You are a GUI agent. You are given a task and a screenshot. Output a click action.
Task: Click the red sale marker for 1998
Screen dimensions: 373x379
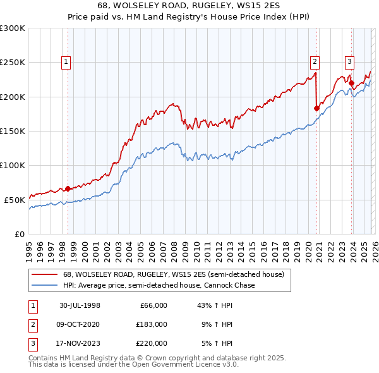68,188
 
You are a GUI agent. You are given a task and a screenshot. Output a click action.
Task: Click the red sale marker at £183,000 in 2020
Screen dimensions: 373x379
316,108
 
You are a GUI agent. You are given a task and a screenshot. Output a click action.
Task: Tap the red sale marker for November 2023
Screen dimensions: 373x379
351,83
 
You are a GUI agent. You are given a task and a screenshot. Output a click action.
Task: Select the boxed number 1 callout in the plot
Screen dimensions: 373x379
66,61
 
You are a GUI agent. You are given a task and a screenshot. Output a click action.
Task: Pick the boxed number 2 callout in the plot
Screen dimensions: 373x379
314,61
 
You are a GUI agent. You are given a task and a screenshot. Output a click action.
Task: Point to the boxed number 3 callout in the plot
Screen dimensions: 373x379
349,61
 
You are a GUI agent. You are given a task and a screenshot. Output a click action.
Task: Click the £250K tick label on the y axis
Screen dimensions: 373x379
12,63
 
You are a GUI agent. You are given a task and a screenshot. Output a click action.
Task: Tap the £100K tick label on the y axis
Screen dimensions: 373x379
12,165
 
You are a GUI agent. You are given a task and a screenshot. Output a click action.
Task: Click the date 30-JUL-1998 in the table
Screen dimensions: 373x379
80,305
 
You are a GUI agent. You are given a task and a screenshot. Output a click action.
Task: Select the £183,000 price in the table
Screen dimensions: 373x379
152,324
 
